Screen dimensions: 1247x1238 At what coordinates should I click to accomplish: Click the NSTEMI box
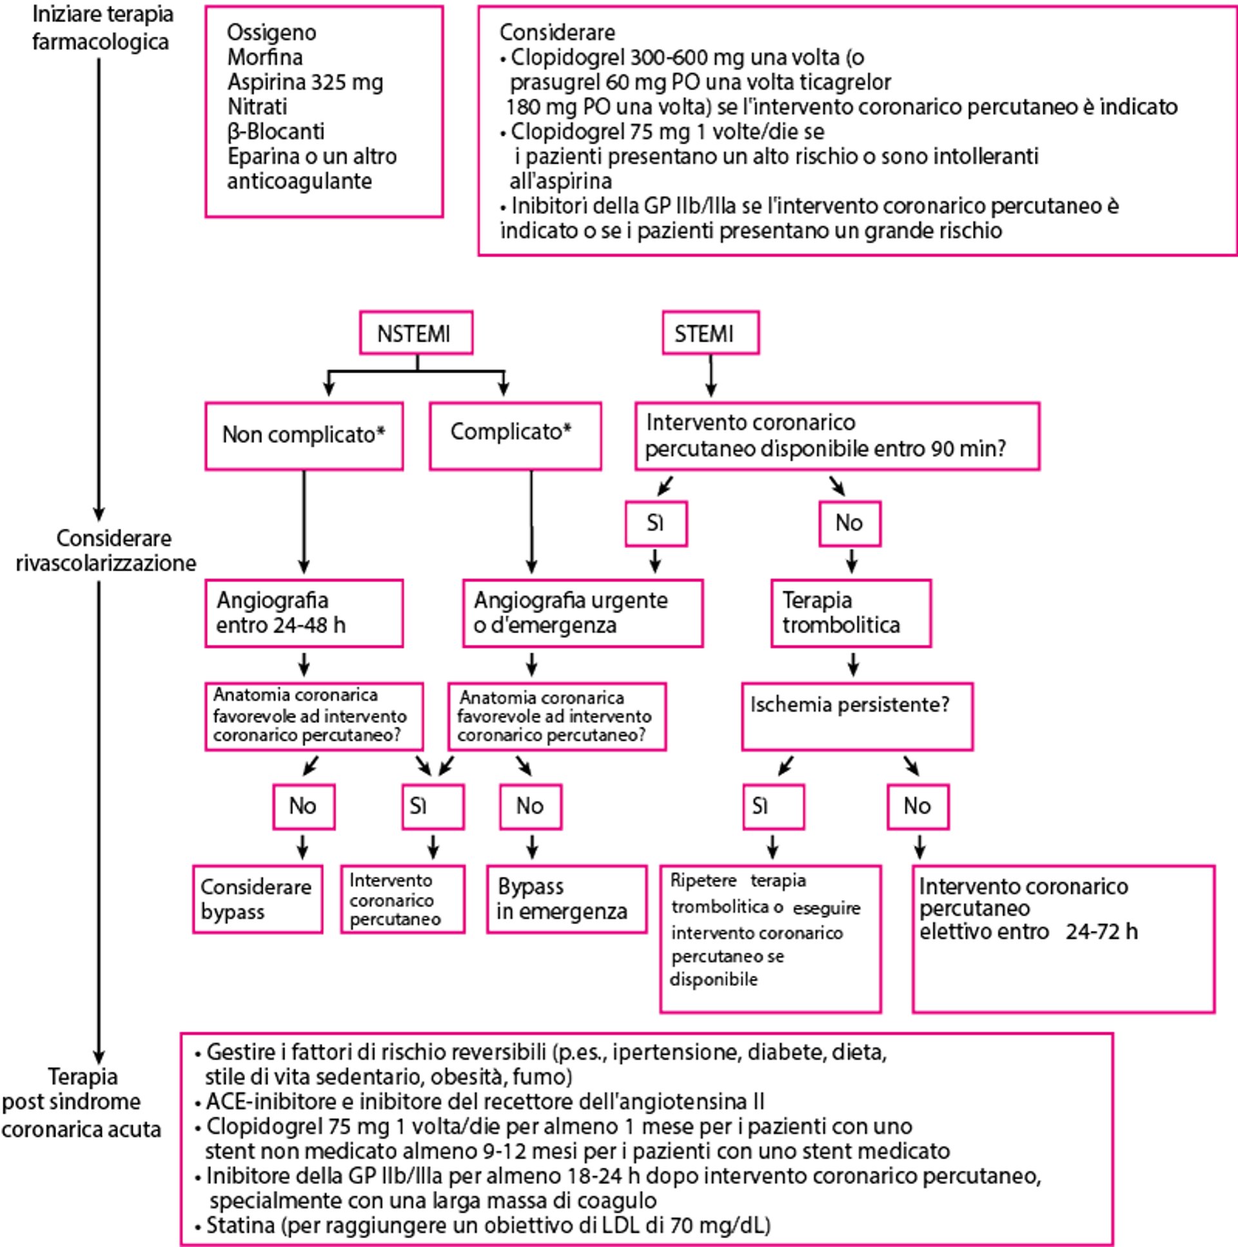[x=416, y=333]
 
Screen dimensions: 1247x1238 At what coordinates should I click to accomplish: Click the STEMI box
[x=710, y=333]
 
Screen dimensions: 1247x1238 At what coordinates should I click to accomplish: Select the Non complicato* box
[x=304, y=436]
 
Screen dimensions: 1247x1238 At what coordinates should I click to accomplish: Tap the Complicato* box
[x=515, y=436]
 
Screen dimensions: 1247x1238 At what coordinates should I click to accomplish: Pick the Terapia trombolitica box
[x=850, y=613]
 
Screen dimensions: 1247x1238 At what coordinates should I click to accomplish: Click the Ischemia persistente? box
[x=856, y=716]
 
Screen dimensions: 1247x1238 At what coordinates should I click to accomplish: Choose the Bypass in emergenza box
[x=567, y=899]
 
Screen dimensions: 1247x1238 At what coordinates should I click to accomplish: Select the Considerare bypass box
[x=257, y=899]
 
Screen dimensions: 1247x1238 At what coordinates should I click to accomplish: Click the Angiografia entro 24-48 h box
[x=304, y=613]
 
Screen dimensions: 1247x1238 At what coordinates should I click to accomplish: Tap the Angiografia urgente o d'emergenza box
[x=583, y=613]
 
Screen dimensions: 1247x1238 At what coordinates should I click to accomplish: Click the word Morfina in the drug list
[x=264, y=57]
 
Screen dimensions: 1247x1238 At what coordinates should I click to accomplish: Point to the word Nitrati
[x=257, y=106]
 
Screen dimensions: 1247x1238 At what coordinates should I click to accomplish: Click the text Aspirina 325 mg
[x=304, y=82]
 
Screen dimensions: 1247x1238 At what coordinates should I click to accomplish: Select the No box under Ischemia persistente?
[x=918, y=806]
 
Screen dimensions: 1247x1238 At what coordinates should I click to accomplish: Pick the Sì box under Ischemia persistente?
[x=773, y=806]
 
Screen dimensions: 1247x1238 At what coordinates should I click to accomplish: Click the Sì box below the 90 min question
[x=656, y=524]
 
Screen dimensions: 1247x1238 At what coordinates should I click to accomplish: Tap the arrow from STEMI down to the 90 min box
[x=711, y=376]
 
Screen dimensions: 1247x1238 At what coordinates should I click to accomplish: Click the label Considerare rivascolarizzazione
[x=105, y=551]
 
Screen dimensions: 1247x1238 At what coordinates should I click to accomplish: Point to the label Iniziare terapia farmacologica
[x=102, y=28]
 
